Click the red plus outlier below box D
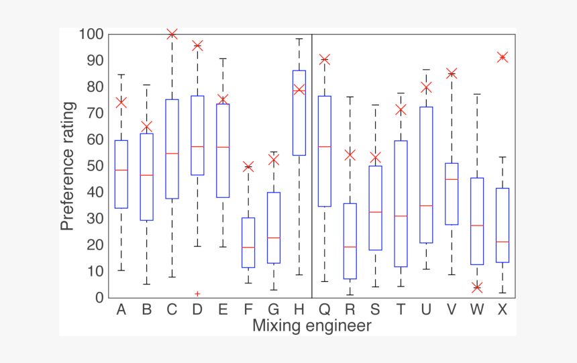[197, 294]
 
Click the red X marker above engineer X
[502, 58]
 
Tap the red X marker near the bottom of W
[476, 287]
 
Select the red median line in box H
[299, 89]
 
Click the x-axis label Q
[324, 309]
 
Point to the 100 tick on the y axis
[91, 34]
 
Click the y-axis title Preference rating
[68, 166]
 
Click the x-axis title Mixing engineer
[311, 326]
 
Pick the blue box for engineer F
[248, 242]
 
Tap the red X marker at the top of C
[172, 34]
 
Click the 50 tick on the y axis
[95, 166]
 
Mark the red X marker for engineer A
[121, 103]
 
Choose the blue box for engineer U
[426, 174]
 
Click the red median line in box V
[451, 179]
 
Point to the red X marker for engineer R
[350, 155]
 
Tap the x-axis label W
[476, 309]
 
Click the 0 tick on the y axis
[99, 298]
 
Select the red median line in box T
[401, 216]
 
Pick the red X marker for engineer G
[274, 160]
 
